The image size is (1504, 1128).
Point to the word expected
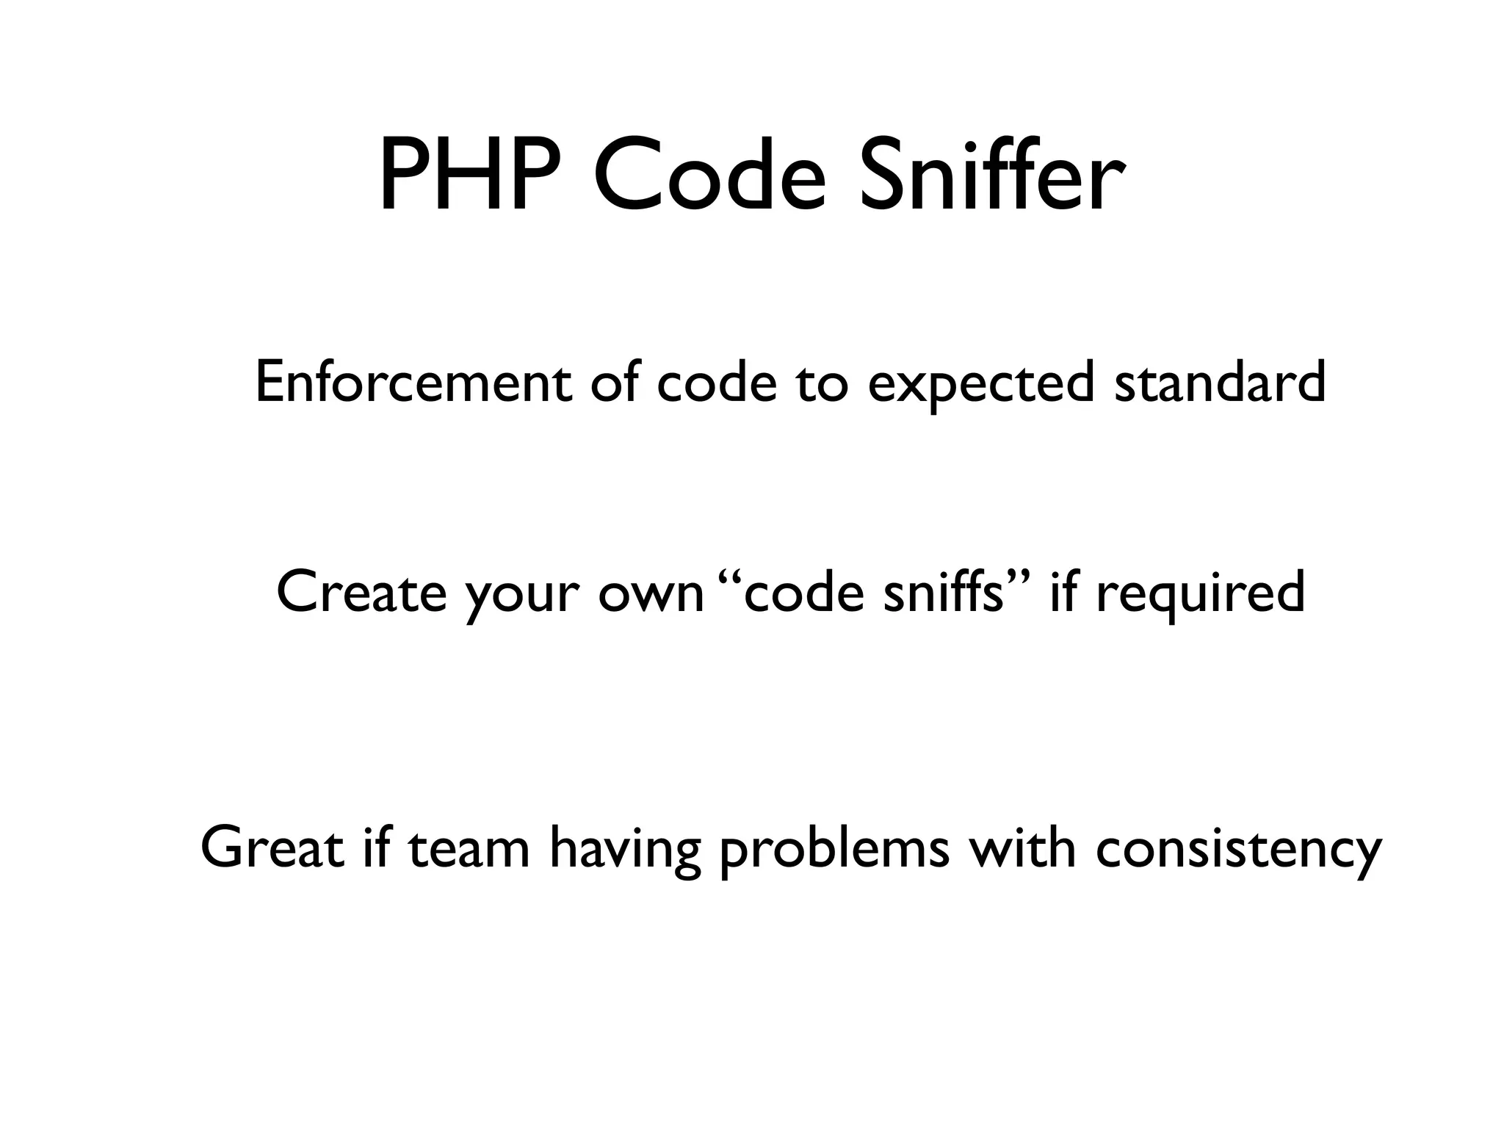(x=981, y=384)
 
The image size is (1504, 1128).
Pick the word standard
(x=1220, y=383)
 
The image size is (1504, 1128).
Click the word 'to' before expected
(x=822, y=384)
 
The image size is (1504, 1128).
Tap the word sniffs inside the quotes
(x=943, y=592)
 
